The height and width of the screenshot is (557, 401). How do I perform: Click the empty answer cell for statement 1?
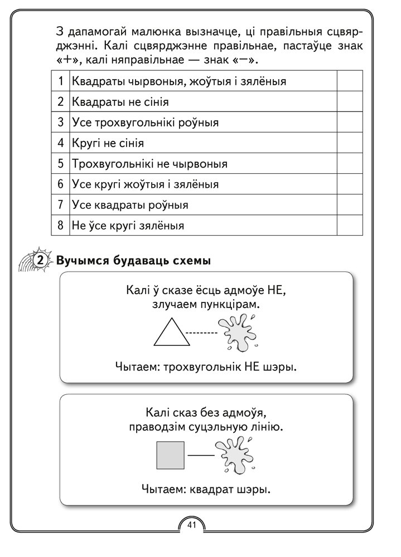pos(350,81)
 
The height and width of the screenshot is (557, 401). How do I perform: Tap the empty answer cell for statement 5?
pos(350,164)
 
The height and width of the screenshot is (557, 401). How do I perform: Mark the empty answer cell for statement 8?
pos(350,226)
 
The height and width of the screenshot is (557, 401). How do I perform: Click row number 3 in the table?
pos(60,123)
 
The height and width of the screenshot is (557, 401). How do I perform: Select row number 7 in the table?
pos(60,205)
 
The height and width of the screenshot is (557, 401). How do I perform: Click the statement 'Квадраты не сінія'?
pos(120,102)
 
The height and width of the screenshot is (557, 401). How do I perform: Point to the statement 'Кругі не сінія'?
pos(108,143)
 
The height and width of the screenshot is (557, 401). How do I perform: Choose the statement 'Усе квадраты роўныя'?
pos(130,205)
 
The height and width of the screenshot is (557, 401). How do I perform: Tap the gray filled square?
pos(171,455)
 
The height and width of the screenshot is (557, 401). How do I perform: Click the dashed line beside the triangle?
pos(201,334)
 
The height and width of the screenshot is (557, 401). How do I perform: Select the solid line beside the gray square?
pos(201,456)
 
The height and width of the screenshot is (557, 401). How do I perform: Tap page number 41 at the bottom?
pos(192,525)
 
